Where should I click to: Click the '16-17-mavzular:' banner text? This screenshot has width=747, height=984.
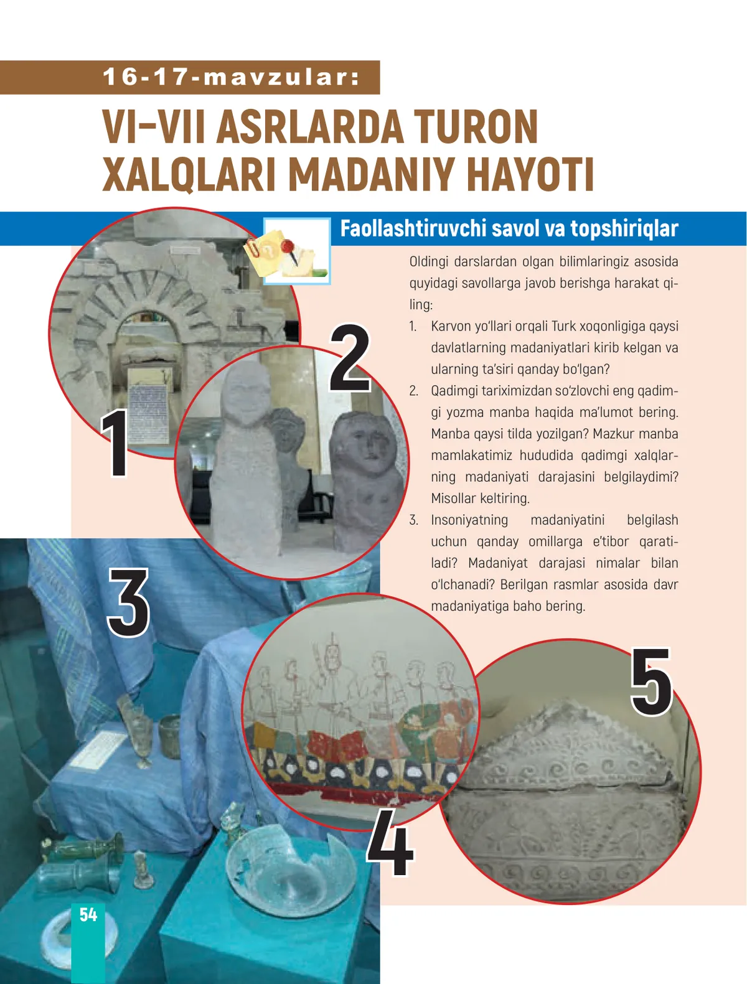coord(232,77)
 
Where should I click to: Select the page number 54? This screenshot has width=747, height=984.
coord(88,914)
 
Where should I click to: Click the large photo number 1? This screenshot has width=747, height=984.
coord(116,443)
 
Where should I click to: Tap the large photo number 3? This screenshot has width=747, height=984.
coord(128,602)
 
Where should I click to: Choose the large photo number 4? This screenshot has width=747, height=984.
coord(390,842)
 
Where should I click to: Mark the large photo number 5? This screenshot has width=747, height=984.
coord(651,682)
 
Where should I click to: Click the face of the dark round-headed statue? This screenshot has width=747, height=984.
coord(367,443)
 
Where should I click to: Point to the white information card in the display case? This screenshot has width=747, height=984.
coord(98,749)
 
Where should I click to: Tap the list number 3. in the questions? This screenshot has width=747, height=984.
coord(414,520)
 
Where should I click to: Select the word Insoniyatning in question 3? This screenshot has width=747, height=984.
coord(469,520)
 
